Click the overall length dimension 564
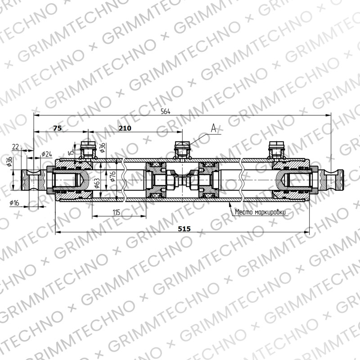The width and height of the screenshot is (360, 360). coord(165,112)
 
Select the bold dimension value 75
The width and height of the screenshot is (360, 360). coord(58,128)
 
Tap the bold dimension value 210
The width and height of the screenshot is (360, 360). coord(125,128)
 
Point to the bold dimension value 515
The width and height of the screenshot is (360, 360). coord(184,229)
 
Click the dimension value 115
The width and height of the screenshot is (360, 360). coord(117,212)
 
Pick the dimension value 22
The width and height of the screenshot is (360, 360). coord(16,147)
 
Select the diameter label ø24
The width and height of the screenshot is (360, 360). coord(47,154)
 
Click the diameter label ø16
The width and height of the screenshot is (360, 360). coord(14,203)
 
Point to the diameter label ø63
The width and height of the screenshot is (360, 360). coord(97,184)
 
